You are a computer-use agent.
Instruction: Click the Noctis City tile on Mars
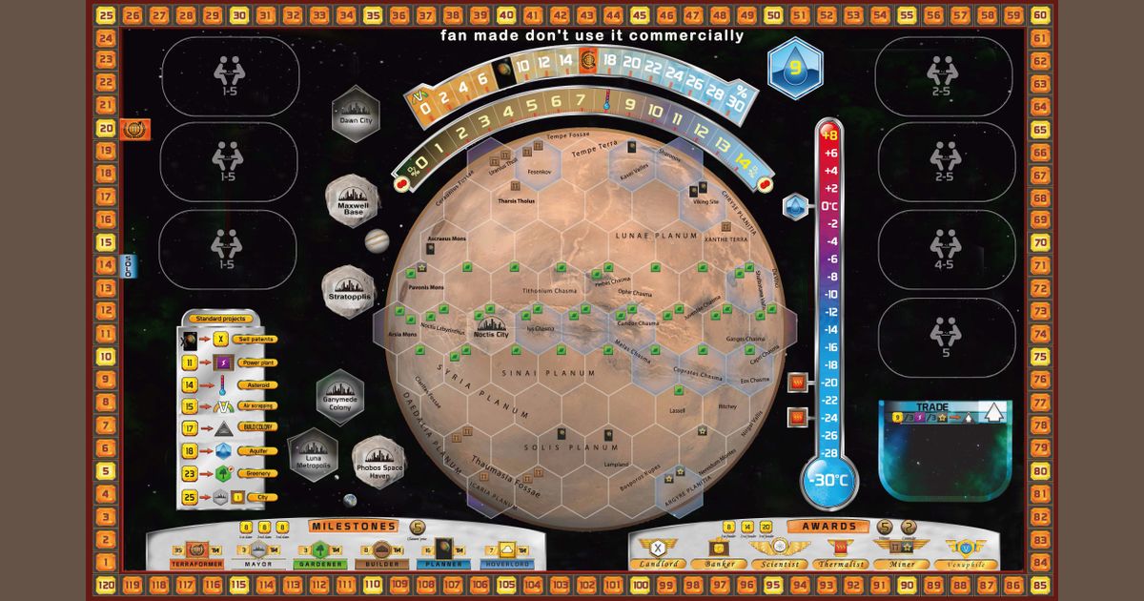pyautogui.click(x=490, y=330)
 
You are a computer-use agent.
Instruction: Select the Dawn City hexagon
pyautogui.click(x=356, y=114)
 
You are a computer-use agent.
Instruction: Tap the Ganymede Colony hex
pyautogui.click(x=340, y=397)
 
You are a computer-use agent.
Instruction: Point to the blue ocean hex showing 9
pyautogui.click(x=795, y=68)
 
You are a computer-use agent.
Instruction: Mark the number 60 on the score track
pyautogui.click(x=1039, y=14)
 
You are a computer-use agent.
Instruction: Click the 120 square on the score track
pyautogui.click(x=107, y=584)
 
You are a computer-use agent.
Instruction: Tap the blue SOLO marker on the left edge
pyautogui.click(x=127, y=265)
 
